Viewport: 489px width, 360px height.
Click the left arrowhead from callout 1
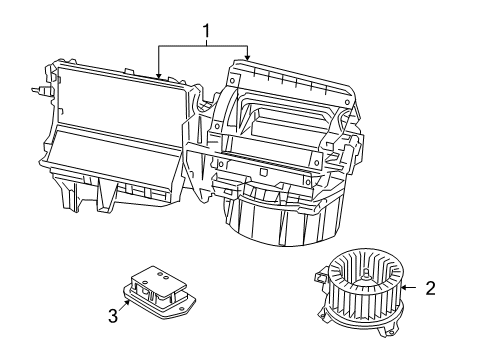tap(159, 77)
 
